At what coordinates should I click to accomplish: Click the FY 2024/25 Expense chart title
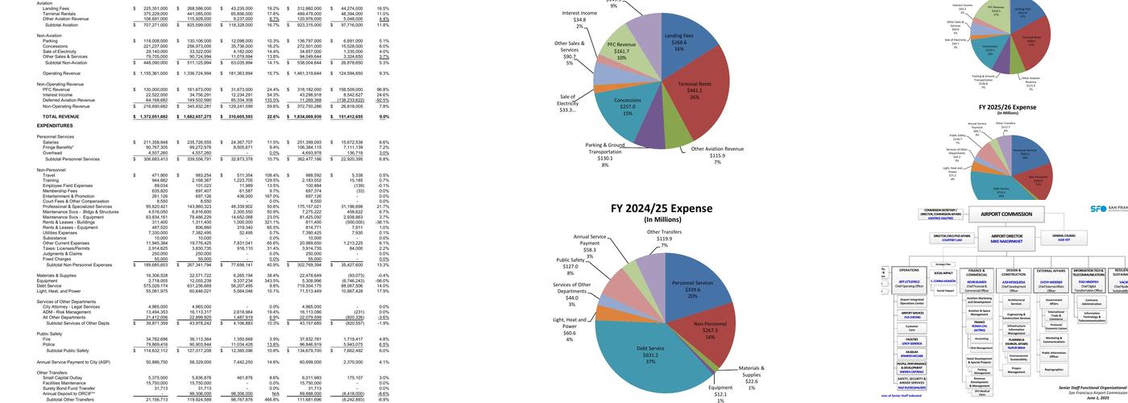[661, 208]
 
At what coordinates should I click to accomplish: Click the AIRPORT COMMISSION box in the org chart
[1006, 214]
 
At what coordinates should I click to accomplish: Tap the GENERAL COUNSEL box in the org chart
[1064, 237]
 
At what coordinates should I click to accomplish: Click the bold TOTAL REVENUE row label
[60, 117]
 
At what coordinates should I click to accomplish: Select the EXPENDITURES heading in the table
[55, 126]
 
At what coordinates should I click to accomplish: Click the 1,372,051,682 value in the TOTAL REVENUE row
[151, 117]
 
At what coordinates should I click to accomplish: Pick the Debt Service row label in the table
[49, 285]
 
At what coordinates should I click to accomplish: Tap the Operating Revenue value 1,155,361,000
[151, 73]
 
